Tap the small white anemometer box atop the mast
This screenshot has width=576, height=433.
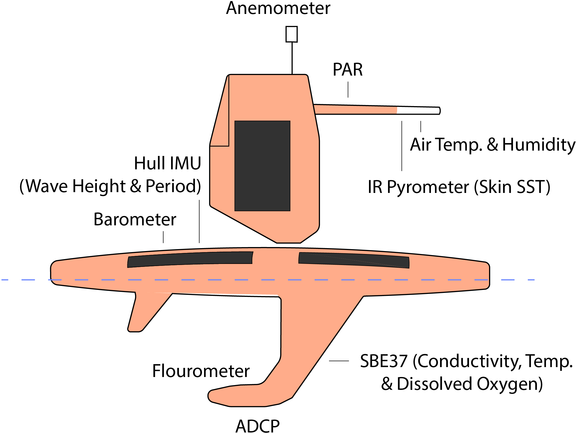[291, 34]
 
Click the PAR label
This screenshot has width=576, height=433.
[348, 70]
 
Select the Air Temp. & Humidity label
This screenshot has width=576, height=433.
[493, 145]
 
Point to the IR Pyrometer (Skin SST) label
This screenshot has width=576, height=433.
[459, 187]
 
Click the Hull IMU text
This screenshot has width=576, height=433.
[168, 163]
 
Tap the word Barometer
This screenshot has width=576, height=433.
[135, 219]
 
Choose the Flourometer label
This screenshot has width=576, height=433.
[201, 371]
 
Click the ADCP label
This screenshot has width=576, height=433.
[257, 426]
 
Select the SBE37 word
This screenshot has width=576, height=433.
[384, 361]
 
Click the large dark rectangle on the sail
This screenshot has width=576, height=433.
[262, 166]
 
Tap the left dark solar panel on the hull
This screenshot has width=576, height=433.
[190, 259]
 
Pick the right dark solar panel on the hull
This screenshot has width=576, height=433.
[354, 260]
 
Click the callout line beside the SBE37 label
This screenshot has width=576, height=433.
[339, 361]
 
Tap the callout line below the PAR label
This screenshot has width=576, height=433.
[348, 89]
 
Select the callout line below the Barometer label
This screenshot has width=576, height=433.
[163, 237]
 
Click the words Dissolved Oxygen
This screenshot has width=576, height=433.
[470, 384]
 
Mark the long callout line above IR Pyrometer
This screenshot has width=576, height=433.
[402, 146]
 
